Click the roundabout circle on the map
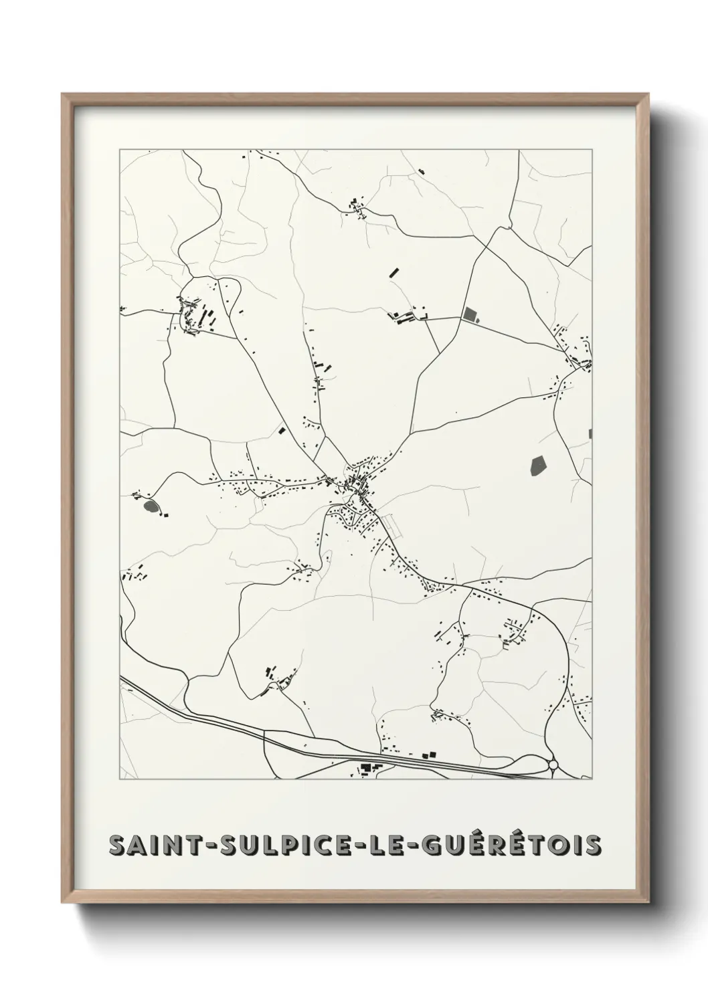pyautogui.click(x=553, y=765)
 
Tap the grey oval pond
pyautogui.click(x=151, y=506)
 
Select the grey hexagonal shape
pyautogui.click(x=537, y=465)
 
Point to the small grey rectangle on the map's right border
pyautogui.click(x=590, y=433)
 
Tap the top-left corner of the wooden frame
pyautogui.click(x=63, y=95)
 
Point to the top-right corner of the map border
pyautogui.click(x=592, y=150)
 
